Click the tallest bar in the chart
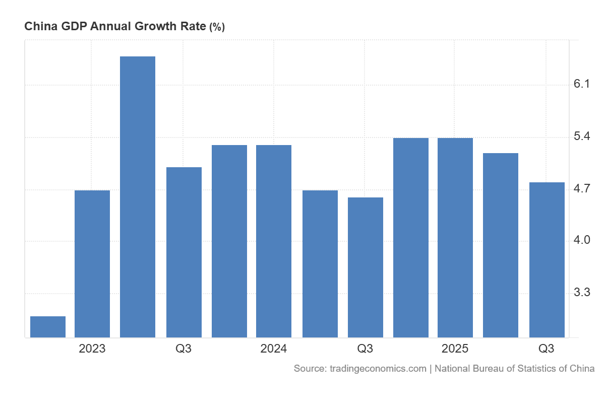(138, 196)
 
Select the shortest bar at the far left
(48, 327)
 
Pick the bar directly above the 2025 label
(455, 237)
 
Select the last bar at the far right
(547, 259)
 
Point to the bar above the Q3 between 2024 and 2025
(366, 267)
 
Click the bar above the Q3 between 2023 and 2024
(184, 252)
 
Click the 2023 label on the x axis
(92, 349)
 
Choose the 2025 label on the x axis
(455, 349)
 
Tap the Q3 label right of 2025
(547, 349)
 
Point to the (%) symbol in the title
(217, 27)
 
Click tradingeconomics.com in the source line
(378, 369)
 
